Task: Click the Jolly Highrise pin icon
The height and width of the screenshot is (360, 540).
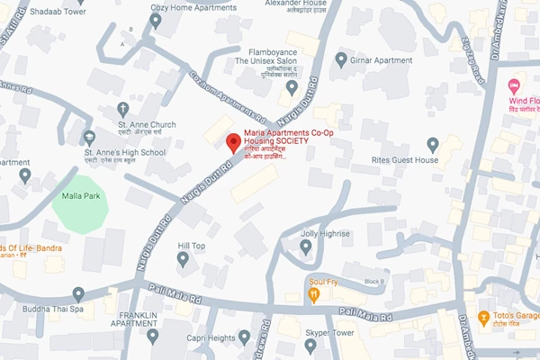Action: click(x=305, y=246)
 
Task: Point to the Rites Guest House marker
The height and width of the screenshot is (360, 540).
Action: click(x=433, y=144)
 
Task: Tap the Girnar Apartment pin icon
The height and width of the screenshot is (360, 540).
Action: click(x=341, y=59)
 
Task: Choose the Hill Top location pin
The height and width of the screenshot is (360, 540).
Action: click(x=183, y=260)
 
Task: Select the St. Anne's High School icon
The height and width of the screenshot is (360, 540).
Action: click(x=88, y=137)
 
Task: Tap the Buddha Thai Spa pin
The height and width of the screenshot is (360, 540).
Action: click(x=78, y=294)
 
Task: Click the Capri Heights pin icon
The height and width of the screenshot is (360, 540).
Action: click(x=243, y=338)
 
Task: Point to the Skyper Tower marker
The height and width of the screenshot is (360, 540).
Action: click(x=310, y=345)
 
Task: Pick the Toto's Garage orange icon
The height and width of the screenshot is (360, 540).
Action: click(x=484, y=318)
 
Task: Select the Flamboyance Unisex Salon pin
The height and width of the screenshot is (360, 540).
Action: click(x=291, y=88)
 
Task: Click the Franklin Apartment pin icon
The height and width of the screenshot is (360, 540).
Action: click(x=152, y=336)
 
